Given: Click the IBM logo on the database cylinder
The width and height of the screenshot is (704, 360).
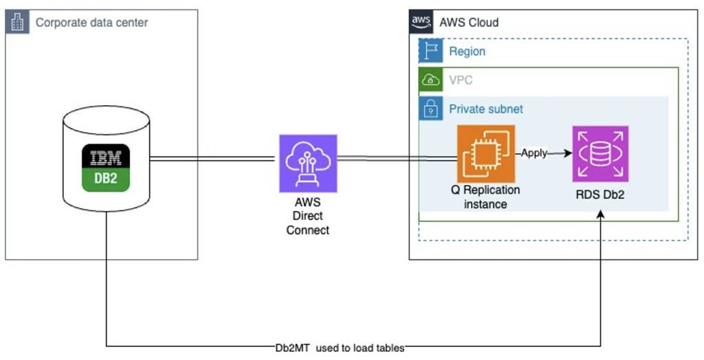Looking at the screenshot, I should click(x=106, y=157).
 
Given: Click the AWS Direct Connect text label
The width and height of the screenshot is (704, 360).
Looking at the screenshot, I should click(x=307, y=216).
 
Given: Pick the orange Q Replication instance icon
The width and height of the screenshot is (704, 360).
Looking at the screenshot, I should click(x=486, y=153).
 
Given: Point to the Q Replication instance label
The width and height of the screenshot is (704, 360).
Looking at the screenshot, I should click(x=485, y=196).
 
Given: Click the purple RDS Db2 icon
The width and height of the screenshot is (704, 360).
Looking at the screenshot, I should click(x=601, y=154).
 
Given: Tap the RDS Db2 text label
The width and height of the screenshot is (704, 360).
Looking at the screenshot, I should click(x=601, y=194).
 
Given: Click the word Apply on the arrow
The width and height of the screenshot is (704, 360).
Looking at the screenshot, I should click(x=533, y=153).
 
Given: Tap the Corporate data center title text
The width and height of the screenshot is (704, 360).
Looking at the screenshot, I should click(x=91, y=23).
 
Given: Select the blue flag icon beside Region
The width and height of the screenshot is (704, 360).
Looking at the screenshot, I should click(x=431, y=51).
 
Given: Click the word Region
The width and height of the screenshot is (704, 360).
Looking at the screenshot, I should click(x=467, y=52).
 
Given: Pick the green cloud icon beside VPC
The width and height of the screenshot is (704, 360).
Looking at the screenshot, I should click(x=431, y=80).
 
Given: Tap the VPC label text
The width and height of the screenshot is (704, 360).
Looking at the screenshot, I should click(x=461, y=80).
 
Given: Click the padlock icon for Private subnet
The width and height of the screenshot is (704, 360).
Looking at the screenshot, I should click(x=431, y=109).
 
